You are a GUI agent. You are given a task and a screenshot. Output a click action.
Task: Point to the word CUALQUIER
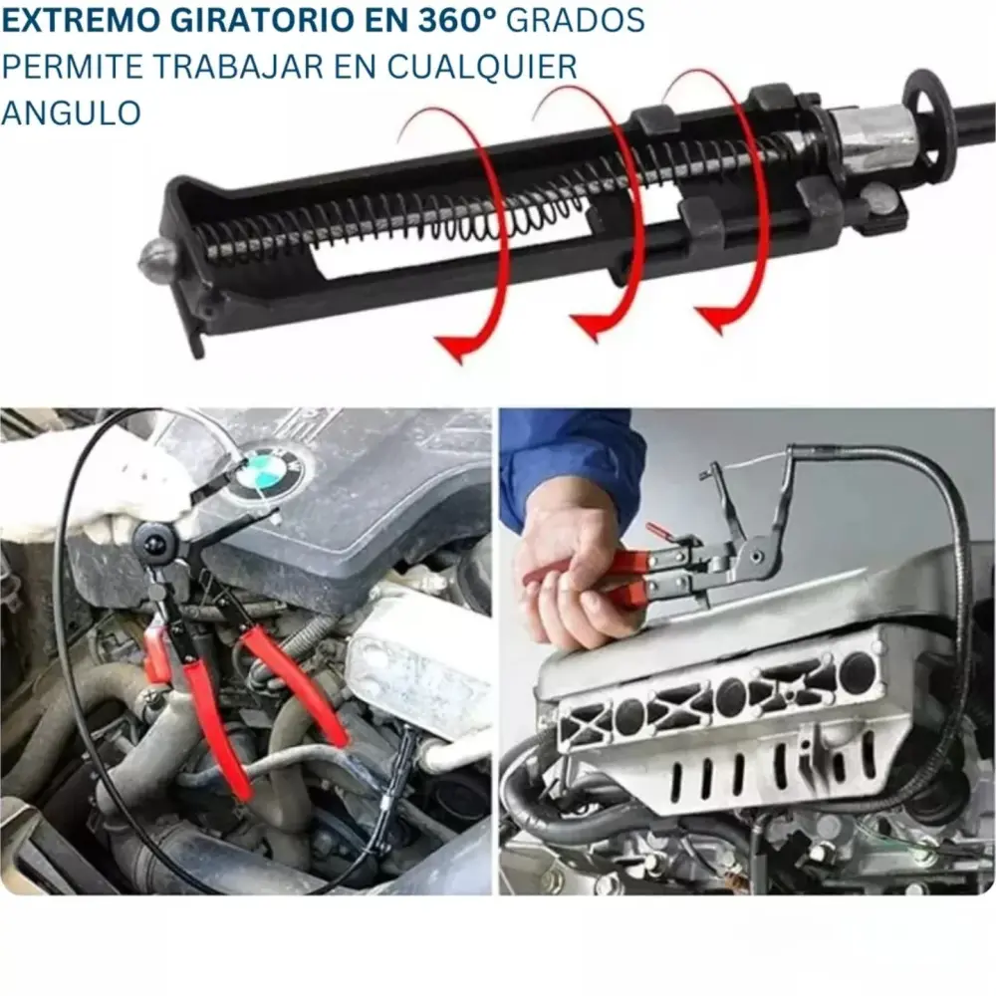(482, 67)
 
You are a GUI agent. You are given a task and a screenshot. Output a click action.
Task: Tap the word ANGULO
(71, 114)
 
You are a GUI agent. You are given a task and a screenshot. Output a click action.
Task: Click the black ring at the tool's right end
(926, 119)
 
